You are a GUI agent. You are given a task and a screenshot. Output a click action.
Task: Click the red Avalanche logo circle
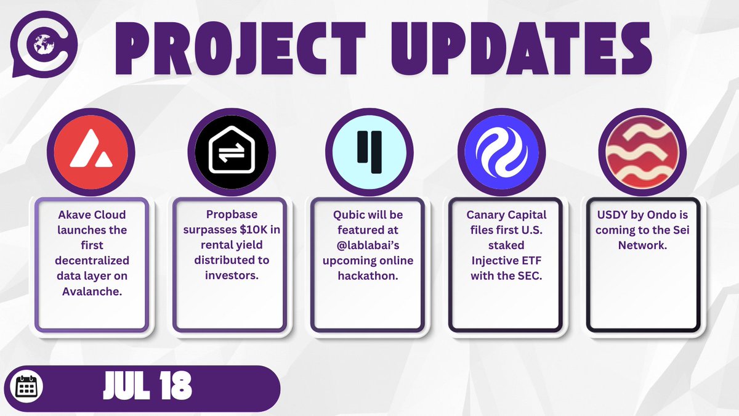click(91, 152)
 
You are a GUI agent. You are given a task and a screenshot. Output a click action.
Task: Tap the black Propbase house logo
click(232, 152)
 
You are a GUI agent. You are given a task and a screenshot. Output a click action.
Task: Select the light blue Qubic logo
click(369, 152)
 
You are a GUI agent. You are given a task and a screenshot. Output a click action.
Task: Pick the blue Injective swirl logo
click(501, 152)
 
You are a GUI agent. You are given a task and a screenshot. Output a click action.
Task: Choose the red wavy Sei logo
click(642, 152)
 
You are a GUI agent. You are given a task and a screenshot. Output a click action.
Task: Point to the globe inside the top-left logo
click(43, 44)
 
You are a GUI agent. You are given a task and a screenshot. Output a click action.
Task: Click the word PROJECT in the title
click(240, 48)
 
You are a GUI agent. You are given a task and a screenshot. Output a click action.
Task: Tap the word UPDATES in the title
click(521, 48)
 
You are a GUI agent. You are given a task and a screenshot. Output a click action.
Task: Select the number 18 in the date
click(176, 385)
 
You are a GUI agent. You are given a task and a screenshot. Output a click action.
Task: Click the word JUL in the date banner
click(127, 385)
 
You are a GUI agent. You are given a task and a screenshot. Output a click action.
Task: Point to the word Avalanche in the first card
click(91, 291)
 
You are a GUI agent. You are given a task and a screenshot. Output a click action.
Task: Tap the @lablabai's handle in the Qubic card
click(368, 245)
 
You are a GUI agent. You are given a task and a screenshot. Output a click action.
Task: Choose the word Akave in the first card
click(73, 215)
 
